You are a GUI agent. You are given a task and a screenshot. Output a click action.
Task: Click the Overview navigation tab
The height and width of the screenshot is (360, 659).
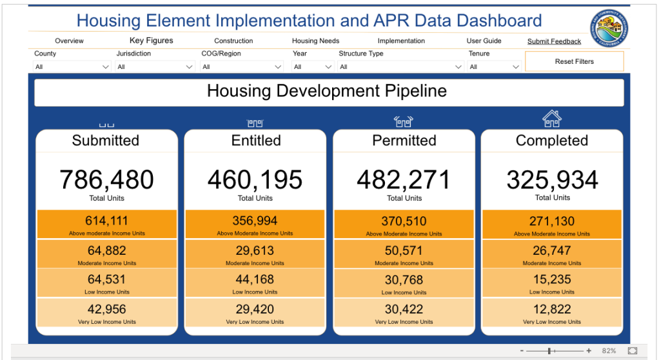(x=69, y=41)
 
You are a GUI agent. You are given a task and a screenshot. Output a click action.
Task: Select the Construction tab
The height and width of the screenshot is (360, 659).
(x=233, y=41)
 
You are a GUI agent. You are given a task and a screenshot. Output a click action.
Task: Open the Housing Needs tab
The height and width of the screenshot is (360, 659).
(x=315, y=41)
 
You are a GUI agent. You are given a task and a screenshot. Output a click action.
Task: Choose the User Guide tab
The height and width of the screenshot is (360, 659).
(x=484, y=41)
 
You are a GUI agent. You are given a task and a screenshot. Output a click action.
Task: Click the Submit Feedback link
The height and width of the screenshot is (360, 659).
(x=554, y=42)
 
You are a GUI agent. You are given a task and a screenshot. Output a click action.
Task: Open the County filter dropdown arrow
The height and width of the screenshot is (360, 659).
(x=106, y=67)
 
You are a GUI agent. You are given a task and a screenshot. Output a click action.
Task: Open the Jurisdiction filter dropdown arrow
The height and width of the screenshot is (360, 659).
(x=190, y=67)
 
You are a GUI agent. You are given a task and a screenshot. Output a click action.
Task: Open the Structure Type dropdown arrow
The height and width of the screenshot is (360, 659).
(x=458, y=67)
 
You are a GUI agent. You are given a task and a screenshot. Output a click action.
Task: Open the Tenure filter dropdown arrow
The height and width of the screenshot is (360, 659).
(x=515, y=67)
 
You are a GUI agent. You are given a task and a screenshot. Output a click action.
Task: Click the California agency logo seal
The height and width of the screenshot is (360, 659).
(x=613, y=28)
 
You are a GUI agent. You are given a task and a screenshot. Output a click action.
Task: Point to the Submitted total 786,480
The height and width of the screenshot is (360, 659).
(x=106, y=180)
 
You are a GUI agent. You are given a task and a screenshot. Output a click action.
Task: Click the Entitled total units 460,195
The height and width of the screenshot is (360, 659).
(x=255, y=180)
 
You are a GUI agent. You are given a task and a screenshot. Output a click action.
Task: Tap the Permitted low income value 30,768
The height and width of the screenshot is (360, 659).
(x=404, y=280)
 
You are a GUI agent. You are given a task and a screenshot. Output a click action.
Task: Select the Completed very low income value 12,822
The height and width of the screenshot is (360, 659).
(x=552, y=310)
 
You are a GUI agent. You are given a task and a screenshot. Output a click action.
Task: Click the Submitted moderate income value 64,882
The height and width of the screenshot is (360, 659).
(x=106, y=250)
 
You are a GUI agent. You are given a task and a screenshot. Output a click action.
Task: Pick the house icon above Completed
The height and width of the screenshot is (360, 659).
(x=551, y=119)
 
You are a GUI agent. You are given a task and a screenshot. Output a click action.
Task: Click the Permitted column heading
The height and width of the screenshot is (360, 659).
(x=404, y=141)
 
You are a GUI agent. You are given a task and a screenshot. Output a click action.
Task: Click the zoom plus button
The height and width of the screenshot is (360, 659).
(x=589, y=351)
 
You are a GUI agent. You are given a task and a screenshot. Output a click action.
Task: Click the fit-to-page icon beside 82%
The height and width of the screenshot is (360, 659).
(x=632, y=351)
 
